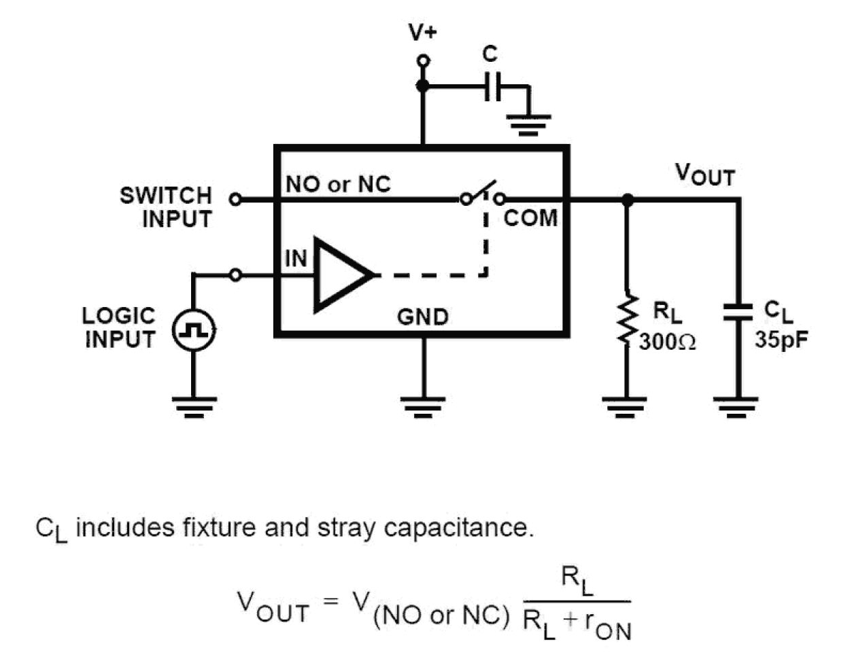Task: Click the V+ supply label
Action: click(422, 31)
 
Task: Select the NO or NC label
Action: click(338, 184)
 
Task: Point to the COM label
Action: click(530, 218)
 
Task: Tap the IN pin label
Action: click(295, 258)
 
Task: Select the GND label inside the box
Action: click(422, 317)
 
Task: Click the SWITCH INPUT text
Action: click(167, 207)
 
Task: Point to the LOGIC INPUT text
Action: click(119, 327)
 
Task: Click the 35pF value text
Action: click(781, 339)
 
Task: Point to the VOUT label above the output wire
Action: click(704, 175)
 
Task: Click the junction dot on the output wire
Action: click(627, 200)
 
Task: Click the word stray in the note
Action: click(344, 528)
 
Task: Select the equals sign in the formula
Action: click(330, 601)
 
